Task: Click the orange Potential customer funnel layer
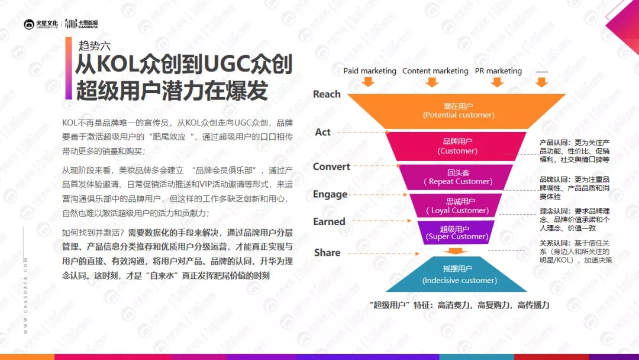[x=456, y=111]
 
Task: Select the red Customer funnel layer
[x=456, y=146]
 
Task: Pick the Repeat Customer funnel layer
[x=456, y=178]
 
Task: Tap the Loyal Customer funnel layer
[x=456, y=205]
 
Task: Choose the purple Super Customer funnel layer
[x=456, y=232]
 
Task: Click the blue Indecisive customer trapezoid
[x=456, y=274]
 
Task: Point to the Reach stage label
[x=327, y=94]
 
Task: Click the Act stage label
[x=322, y=132]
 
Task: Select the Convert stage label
[x=331, y=167]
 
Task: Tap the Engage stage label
[x=330, y=194]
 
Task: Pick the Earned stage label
[x=329, y=222]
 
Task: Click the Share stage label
[x=327, y=253]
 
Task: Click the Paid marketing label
[x=370, y=71]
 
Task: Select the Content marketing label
[x=435, y=71]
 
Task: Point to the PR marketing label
[x=498, y=71]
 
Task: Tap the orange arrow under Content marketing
[x=432, y=82]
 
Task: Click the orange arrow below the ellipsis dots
[x=541, y=82]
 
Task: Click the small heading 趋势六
[x=95, y=45]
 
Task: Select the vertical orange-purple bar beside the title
[x=69, y=69]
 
